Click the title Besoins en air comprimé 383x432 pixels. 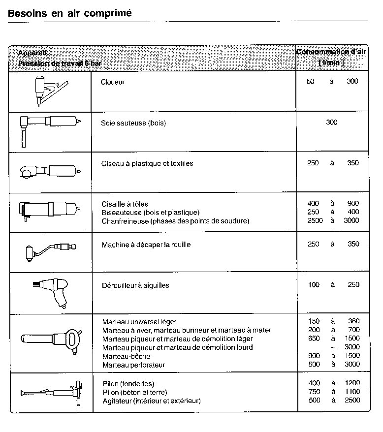tap(70, 13)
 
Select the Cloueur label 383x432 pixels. tap(113, 82)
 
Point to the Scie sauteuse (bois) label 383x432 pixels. tap(133, 123)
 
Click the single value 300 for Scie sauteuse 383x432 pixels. tap(331, 123)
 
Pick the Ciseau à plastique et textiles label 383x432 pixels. tap(147, 163)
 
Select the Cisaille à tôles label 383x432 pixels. tap(125, 204)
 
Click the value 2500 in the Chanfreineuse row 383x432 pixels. tap(315, 221)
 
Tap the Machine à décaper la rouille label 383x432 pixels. tap(146, 245)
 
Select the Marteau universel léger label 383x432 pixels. tap(139, 322)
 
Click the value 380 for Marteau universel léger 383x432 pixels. tap(352, 322)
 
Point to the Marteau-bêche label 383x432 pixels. tap(126, 356)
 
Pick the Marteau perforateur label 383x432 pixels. tap(133, 365)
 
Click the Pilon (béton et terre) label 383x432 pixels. tap(135, 392)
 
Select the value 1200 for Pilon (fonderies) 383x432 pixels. tap(352, 383)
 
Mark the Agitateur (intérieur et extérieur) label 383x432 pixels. tap(151, 401)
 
